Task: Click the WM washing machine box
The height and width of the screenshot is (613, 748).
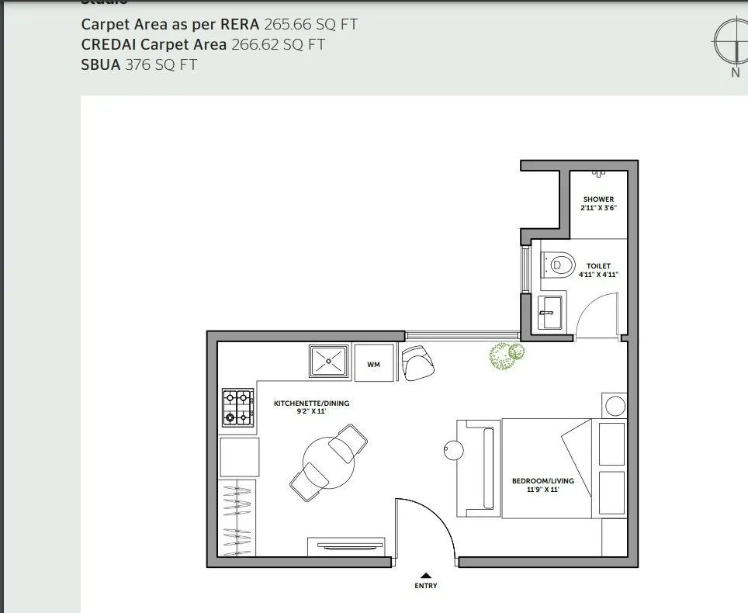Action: pos(373,364)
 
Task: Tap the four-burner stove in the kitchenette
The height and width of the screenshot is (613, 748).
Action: pos(239,408)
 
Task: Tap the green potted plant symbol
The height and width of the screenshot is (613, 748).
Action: pos(506,355)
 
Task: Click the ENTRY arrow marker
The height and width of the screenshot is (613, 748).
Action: pos(425,575)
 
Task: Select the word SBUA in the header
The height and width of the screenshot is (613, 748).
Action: pos(101,64)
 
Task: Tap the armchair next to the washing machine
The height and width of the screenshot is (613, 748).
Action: pos(419,362)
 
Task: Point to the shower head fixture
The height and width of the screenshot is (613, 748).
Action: pos(598,174)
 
